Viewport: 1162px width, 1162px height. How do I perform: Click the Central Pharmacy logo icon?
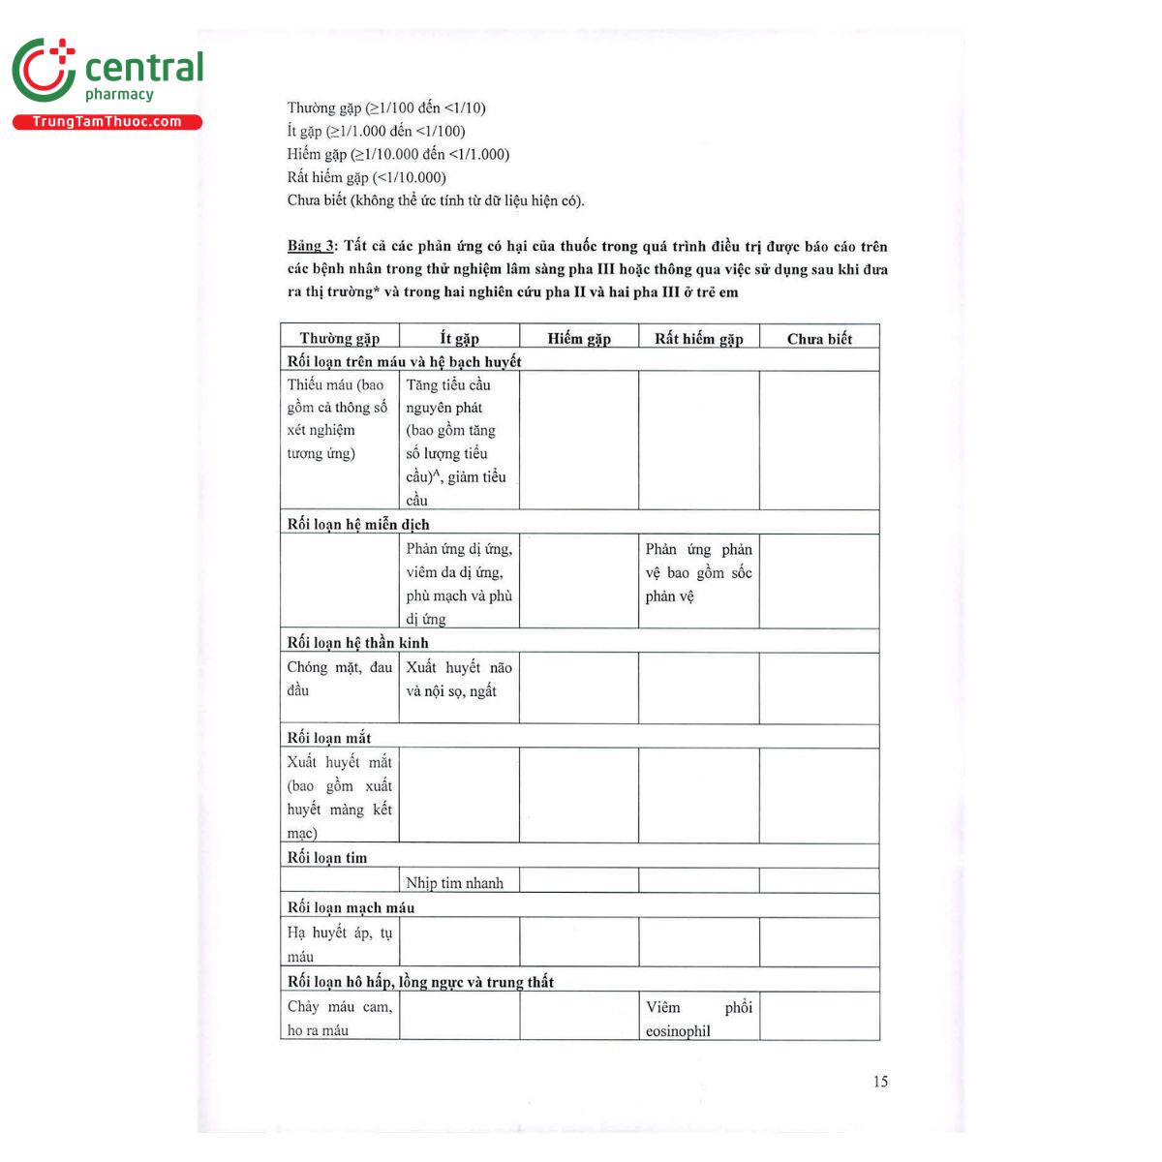44,70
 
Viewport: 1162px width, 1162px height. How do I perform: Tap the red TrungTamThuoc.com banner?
107,122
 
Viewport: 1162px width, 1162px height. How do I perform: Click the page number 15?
879,1082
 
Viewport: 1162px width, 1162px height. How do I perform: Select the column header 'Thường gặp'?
339,338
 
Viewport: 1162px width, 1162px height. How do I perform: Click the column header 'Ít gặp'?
459,338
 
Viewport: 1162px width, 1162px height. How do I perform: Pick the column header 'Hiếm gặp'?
579,338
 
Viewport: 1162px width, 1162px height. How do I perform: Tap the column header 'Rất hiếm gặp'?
698,338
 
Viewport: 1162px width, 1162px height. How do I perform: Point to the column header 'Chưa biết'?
819,338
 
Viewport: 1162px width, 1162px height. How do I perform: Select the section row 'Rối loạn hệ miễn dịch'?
358,524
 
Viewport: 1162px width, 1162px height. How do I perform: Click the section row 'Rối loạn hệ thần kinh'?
357,642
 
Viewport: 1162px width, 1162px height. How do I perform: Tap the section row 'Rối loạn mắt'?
329,737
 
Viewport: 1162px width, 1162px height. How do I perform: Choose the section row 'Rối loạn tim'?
327,857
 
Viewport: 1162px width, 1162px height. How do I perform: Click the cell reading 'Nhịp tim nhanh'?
454,882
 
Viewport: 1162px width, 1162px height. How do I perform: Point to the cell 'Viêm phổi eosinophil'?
698,1019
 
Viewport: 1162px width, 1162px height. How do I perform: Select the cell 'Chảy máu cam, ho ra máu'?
339,1019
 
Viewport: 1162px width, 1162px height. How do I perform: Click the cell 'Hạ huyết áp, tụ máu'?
339,944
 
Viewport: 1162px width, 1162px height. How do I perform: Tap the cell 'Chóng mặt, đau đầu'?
339,679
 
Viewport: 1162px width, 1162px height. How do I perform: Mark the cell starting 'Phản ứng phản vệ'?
698,572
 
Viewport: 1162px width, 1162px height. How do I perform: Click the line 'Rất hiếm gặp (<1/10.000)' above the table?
366,177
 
